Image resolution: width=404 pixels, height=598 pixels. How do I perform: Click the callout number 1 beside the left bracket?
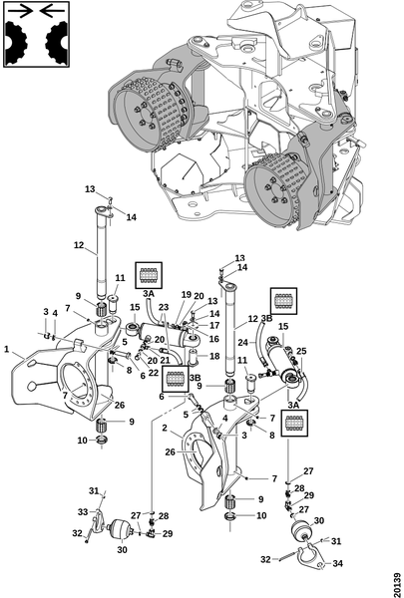pos(7,350)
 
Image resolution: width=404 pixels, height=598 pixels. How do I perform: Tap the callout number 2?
pos(165,429)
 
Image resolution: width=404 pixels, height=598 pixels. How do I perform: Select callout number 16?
pos(214,338)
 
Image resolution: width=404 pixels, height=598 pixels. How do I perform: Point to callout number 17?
pos(214,325)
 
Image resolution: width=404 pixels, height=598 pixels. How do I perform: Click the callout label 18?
pos(214,356)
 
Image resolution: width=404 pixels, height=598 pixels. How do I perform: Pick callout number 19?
pos(186,294)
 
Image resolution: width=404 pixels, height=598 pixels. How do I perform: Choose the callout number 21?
pos(165,359)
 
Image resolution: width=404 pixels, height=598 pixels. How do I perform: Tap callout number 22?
pos(154,373)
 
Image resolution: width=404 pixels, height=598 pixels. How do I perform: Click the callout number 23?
pos(164,307)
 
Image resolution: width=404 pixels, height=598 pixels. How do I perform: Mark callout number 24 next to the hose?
pos(242,343)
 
